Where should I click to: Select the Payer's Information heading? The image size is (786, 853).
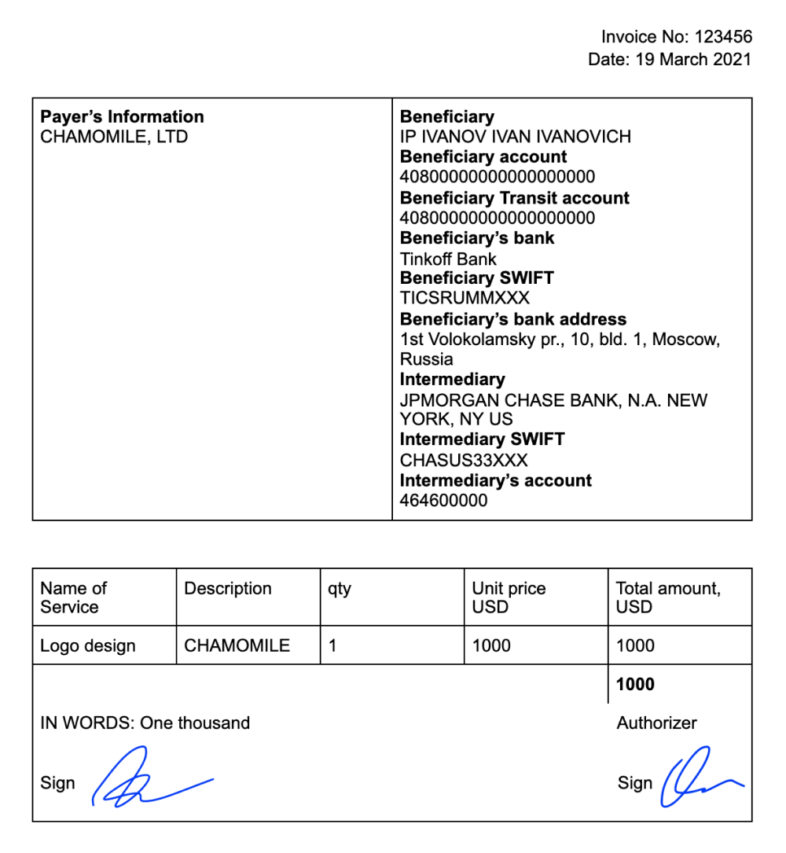click(122, 117)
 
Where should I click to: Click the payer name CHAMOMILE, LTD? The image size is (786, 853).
click(114, 137)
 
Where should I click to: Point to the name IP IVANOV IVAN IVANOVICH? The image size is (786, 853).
click(516, 137)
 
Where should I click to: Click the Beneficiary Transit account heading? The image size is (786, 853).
click(515, 198)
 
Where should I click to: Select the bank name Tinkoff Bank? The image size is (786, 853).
click(448, 259)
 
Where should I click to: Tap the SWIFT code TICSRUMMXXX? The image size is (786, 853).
click(465, 298)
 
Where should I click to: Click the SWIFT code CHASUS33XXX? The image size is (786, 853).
click(464, 460)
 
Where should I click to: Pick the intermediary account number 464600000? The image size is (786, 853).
click(443, 500)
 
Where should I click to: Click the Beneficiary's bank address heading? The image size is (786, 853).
click(513, 319)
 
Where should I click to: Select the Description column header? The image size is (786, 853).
click(228, 589)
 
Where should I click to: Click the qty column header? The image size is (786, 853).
click(340, 589)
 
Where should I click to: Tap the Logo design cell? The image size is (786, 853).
click(88, 646)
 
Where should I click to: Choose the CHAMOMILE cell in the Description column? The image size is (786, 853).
click(237, 646)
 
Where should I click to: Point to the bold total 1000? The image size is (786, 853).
click(635, 685)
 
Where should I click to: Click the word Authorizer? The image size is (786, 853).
click(656, 723)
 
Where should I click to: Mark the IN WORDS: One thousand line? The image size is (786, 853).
click(145, 723)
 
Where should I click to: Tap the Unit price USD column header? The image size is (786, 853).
click(508, 597)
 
